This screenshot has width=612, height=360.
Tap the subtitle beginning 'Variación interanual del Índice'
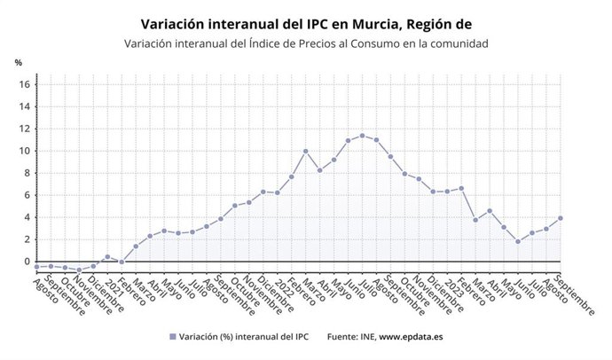(x=306, y=43)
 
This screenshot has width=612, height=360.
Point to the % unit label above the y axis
(x=18, y=63)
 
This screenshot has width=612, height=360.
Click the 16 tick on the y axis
(x=26, y=84)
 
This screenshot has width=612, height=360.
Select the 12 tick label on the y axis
(x=26, y=129)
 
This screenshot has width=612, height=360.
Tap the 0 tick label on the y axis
(x=28, y=262)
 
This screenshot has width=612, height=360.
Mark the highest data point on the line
(x=362, y=136)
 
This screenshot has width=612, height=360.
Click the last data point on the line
(x=561, y=218)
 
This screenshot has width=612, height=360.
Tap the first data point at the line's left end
(x=36, y=266)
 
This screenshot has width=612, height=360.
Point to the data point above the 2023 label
(x=447, y=192)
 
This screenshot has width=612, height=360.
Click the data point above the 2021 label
(x=107, y=257)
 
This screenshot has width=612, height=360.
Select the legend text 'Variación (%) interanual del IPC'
(x=244, y=337)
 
